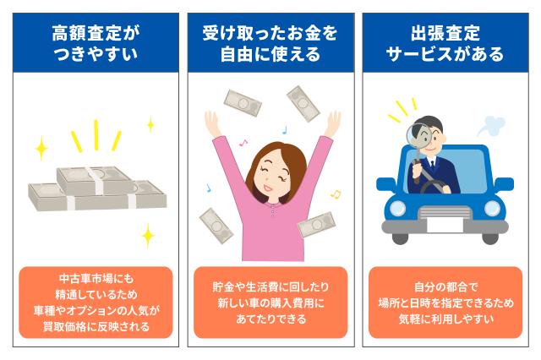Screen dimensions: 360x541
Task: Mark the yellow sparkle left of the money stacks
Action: click(41, 150)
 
